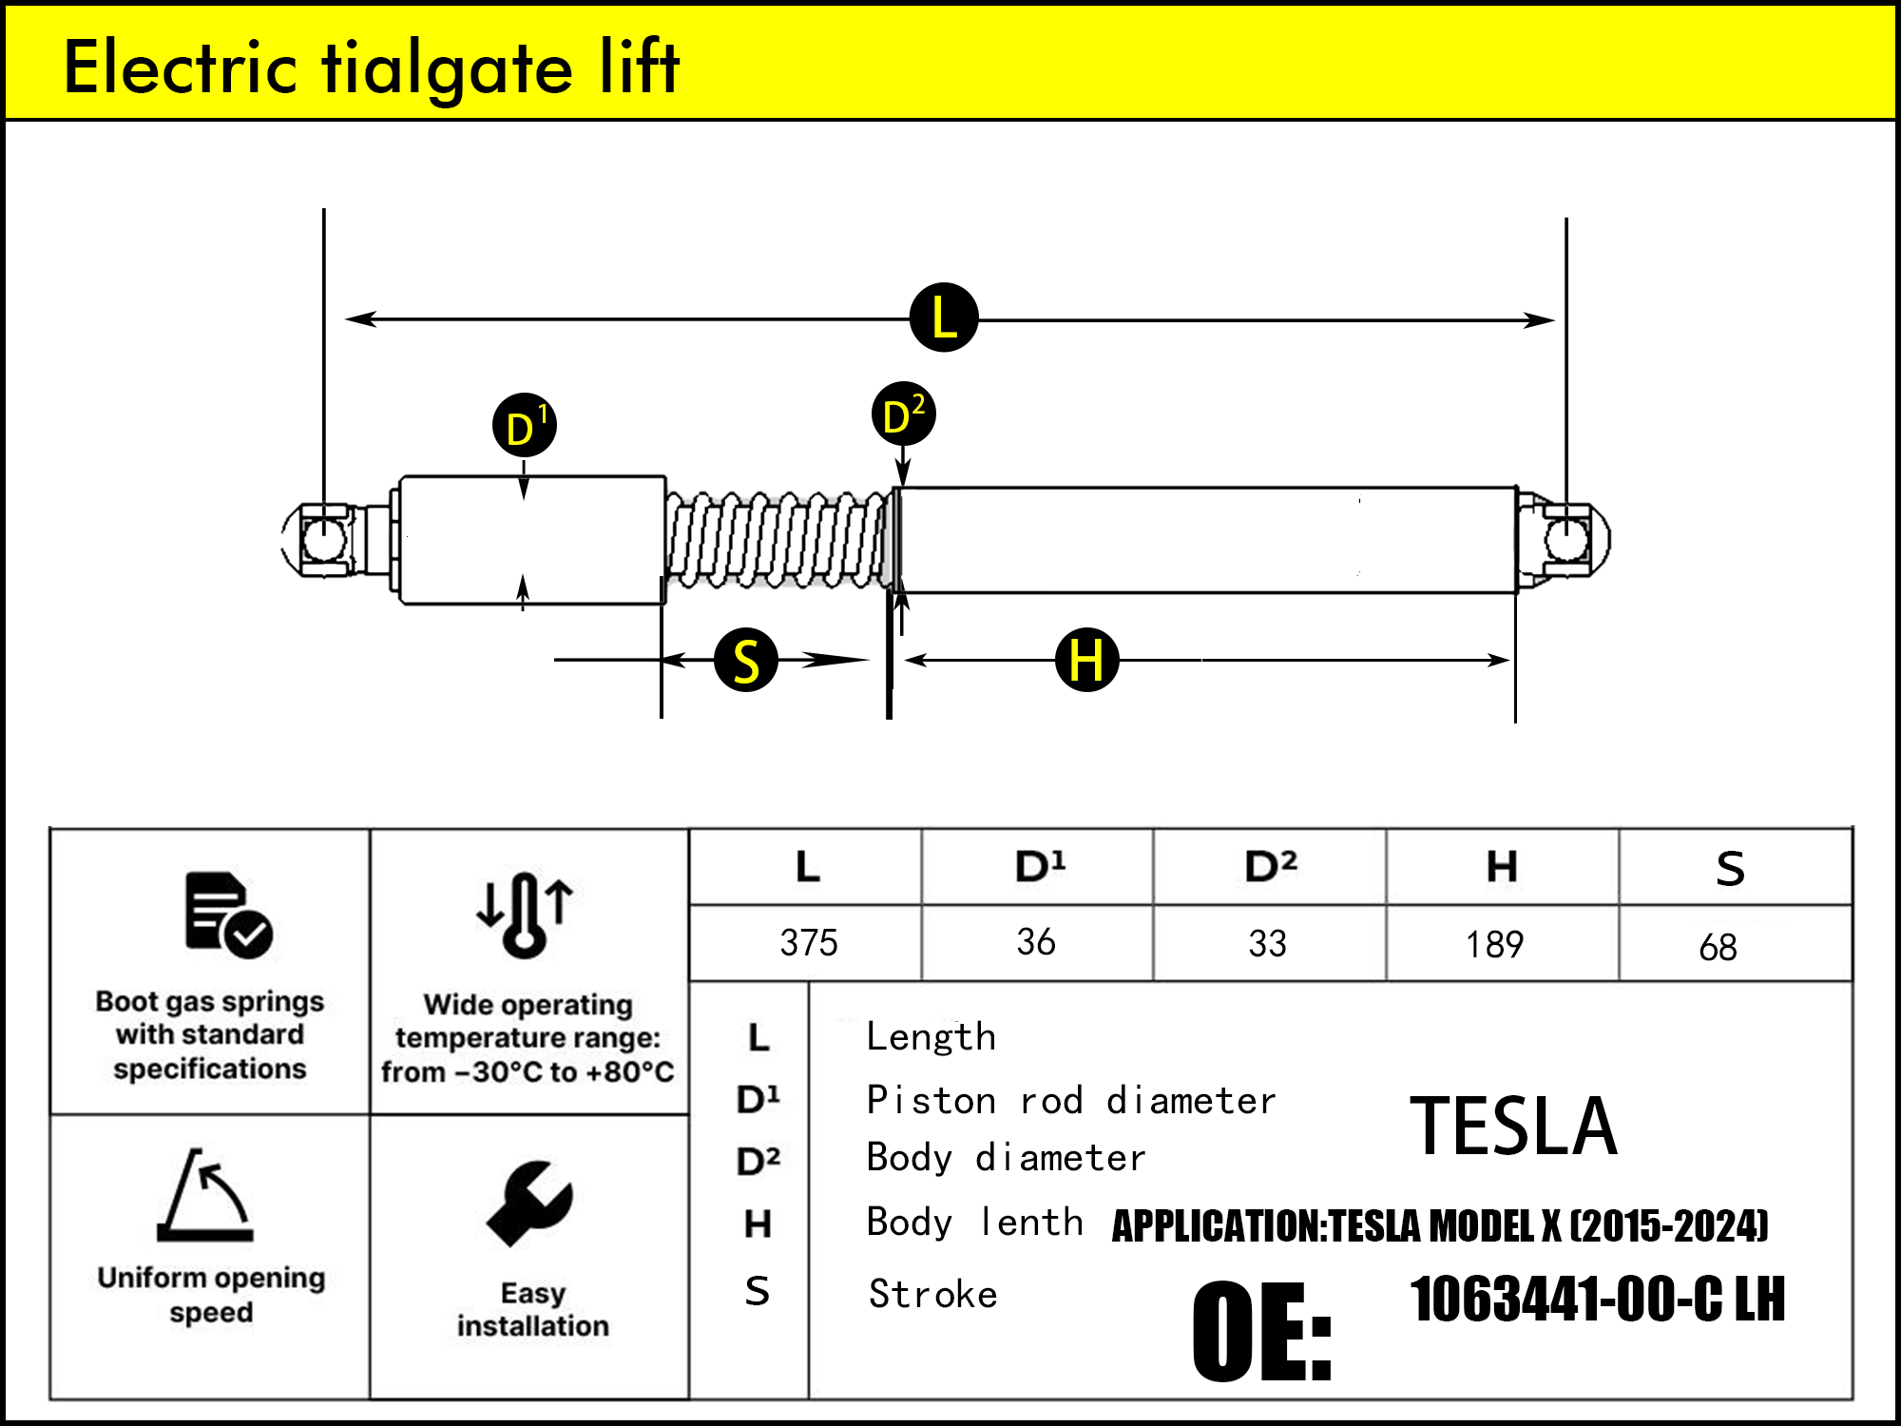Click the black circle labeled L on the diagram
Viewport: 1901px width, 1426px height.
(x=943, y=318)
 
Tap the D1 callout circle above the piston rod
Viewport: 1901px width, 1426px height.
(x=524, y=425)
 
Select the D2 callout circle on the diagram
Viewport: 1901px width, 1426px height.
(x=903, y=414)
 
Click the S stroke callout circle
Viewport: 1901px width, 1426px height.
(x=746, y=660)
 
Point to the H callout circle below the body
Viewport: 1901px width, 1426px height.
(x=1086, y=659)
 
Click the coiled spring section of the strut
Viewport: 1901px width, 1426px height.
(x=778, y=539)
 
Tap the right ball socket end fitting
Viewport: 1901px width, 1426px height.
(x=1565, y=539)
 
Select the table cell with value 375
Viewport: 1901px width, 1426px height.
(x=808, y=943)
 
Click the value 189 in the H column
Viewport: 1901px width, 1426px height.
(x=1494, y=944)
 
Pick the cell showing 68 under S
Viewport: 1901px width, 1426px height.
(x=1718, y=947)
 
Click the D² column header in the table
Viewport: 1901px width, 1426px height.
(x=1270, y=866)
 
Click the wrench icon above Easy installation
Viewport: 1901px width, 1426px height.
(x=529, y=1203)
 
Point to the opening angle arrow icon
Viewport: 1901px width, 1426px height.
(x=206, y=1195)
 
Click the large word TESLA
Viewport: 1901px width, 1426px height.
(x=1513, y=1127)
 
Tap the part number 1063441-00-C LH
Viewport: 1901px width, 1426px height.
(x=1597, y=1300)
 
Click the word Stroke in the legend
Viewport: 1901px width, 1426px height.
(x=932, y=1295)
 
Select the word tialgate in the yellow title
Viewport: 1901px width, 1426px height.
(x=447, y=68)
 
